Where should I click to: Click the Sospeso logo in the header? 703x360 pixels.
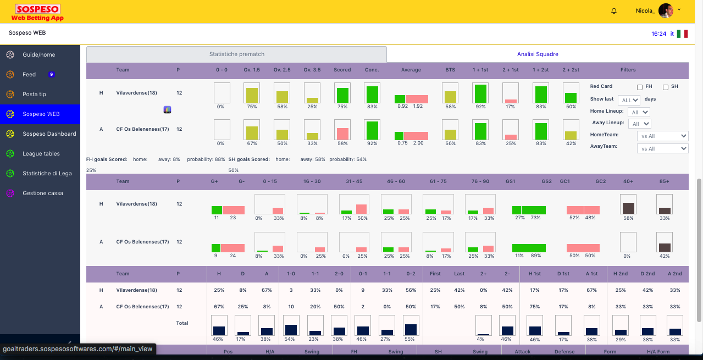[x=38, y=13]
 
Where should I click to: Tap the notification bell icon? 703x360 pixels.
[x=614, y=11]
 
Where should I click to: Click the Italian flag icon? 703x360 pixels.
[x=682, y=34]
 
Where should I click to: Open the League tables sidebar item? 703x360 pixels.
[x=41, y=154]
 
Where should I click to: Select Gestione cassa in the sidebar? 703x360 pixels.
[x=42, y=193]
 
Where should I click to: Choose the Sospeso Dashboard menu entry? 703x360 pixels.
[x=49, y=134]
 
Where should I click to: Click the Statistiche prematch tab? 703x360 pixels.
[x=236, y=54]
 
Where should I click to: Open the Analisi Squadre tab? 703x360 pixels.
[x=538, y=54]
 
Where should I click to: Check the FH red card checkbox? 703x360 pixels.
[x=640, y=87]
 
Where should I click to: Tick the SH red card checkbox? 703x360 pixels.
[x=666, y=87]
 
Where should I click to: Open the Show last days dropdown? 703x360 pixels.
[x=629, y=100]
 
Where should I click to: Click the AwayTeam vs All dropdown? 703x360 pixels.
[x=662, y=148]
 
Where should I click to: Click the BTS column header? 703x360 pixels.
[x=450, y=70]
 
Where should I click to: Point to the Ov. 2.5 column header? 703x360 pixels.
[x=282, y=70]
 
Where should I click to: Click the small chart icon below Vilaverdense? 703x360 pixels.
[x=168, y=110]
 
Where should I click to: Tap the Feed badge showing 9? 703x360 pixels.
[x=51, y=75]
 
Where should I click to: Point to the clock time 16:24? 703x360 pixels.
[x=658, y=34]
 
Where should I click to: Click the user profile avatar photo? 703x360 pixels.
[x=666, y=11]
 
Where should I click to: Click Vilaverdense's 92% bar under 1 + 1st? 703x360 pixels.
[x=480, y=94]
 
